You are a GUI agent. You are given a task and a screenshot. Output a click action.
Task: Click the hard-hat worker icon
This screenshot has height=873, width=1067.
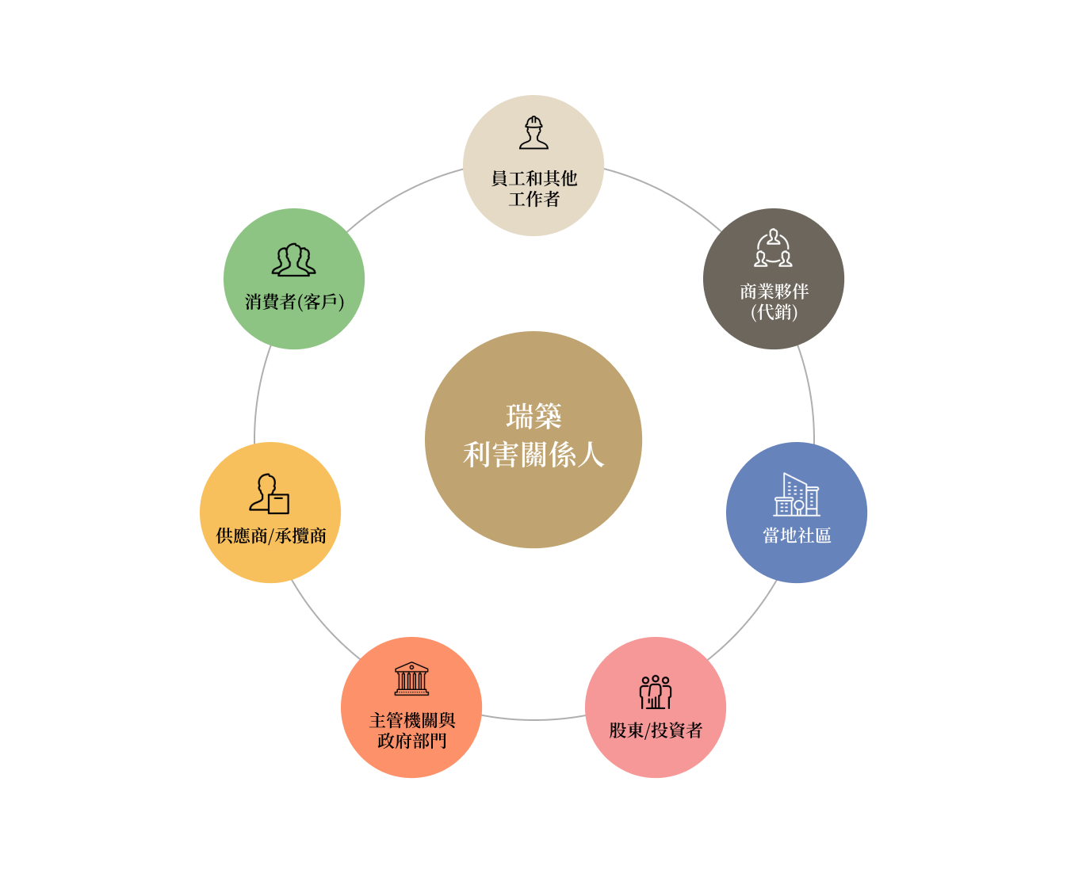point(533,133)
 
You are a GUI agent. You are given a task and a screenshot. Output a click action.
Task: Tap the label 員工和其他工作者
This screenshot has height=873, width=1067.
point(533,189)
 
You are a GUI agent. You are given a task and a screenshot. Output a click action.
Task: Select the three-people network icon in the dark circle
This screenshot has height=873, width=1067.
point(773,248)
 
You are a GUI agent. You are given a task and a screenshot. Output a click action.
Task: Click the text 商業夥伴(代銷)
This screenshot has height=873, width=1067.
point(774,302)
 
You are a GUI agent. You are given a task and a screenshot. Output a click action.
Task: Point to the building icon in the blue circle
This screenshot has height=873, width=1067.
point(796,495)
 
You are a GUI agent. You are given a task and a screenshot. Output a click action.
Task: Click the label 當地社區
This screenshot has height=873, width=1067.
point(797,536)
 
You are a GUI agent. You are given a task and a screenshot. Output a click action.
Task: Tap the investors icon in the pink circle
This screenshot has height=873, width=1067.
point(656,692)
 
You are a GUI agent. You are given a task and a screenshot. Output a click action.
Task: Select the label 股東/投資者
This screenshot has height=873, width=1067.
point(656,730)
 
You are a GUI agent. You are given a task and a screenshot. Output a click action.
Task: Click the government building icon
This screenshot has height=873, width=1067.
point(411,679)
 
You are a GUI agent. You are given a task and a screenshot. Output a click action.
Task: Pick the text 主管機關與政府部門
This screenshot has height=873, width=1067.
point(412,730)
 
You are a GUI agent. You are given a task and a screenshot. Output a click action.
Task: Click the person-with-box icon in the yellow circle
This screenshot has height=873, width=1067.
point(270,494)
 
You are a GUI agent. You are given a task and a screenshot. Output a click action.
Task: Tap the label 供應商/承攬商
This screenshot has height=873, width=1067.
point(271,536)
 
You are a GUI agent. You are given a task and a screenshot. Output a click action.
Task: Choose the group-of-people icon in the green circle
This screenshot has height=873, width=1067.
point(293,260)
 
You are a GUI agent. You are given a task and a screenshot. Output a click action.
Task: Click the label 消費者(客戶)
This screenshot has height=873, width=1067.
point(294,302)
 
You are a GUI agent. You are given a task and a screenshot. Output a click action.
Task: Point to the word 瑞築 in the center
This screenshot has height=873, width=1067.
point(533,416)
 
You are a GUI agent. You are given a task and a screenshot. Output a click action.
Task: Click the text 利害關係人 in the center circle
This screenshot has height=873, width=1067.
point(533,455)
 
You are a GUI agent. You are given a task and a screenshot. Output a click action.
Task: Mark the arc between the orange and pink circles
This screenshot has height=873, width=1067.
point(533,719)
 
